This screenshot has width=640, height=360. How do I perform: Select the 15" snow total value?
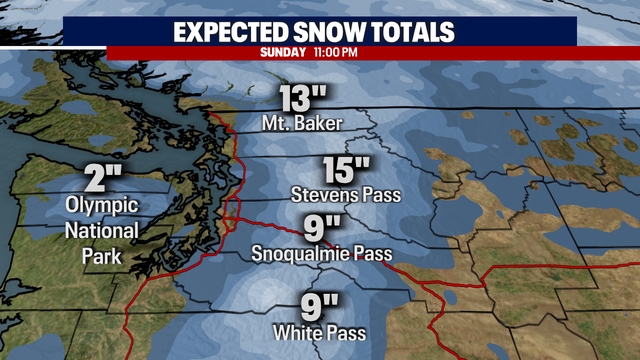pyautogui.click(x=346, y=167)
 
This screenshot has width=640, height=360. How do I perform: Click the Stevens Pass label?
pyautogui.click(x=345, y=192)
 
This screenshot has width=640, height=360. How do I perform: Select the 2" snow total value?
pyautogui.click(x=103, y=181)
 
